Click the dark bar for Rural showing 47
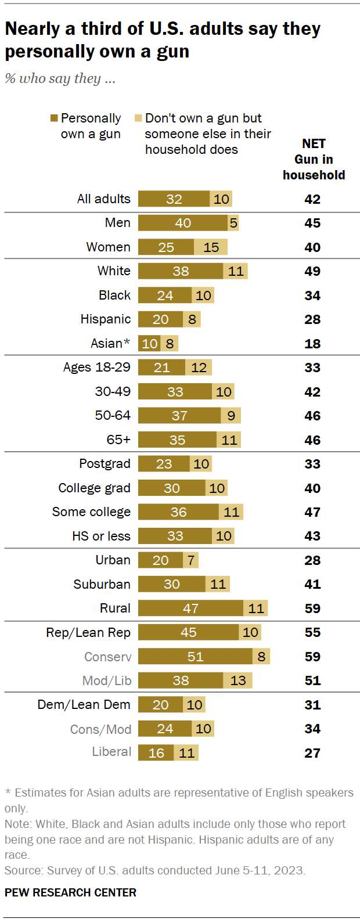190,608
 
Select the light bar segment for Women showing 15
211,247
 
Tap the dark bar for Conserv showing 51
195,656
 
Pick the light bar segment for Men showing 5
233,223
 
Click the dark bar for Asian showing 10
149,343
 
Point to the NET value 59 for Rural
312,608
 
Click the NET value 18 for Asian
312,344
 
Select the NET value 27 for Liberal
312,753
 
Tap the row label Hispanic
106,319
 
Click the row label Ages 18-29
97,368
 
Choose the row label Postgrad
105,464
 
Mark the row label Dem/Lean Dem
84,705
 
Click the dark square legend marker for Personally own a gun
55,118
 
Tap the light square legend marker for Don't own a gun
138,118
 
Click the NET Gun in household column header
314,159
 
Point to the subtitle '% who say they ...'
60,78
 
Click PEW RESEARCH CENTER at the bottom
70,892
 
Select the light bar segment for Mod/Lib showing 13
238,680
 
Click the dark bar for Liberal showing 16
156,753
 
